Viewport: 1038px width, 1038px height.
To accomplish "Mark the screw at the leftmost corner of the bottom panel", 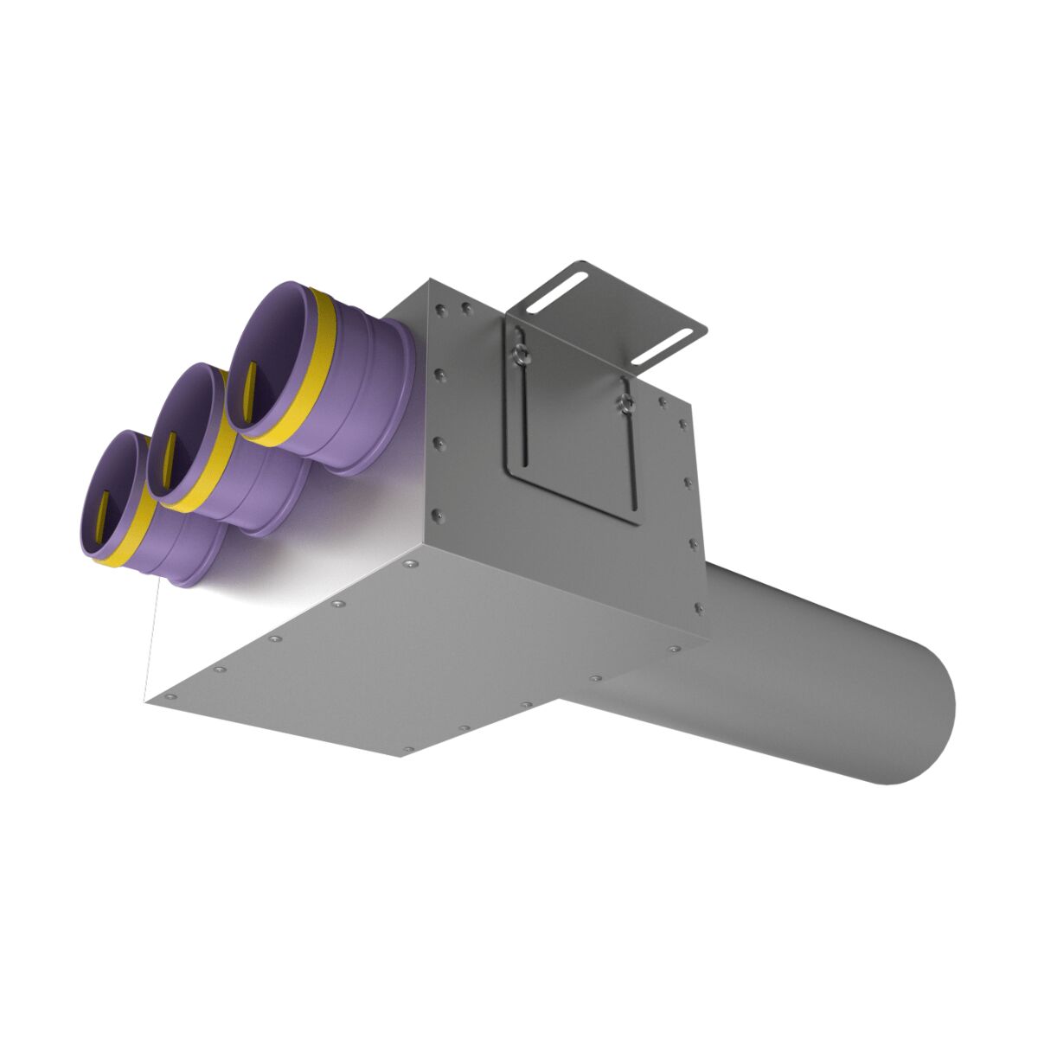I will pyautogui.click(x=168, y=695).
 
